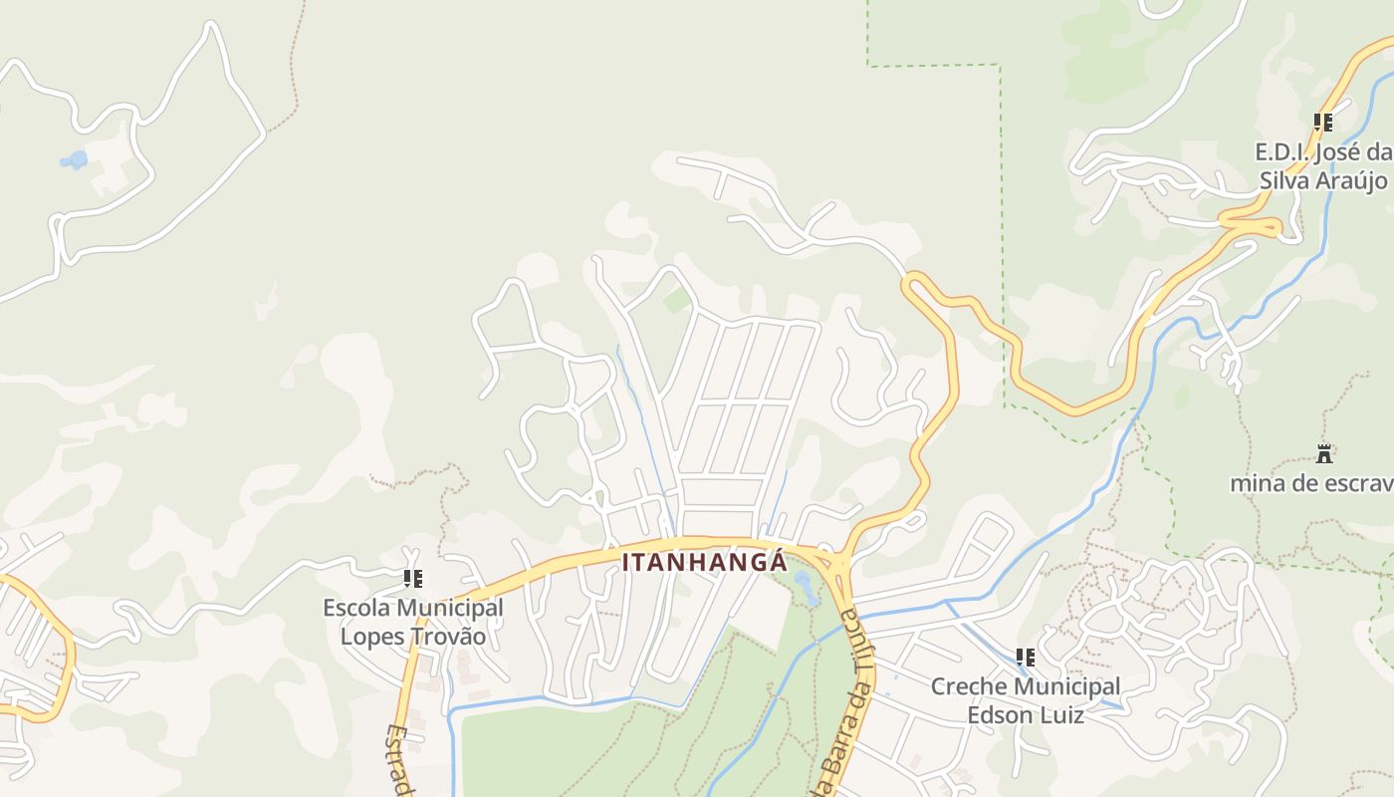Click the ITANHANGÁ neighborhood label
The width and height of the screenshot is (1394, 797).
pos(705,562)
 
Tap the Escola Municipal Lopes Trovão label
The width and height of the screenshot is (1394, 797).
pos(413,622)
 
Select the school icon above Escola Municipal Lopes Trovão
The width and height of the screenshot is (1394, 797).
pos(413,578)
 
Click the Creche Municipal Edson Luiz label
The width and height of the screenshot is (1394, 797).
pos(1026,700)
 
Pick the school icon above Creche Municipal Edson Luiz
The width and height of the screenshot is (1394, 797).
pos(1026,658)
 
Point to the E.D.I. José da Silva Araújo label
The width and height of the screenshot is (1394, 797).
pos(1323,166)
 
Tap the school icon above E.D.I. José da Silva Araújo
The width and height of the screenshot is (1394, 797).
pos(1323,123)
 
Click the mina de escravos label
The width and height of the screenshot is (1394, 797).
pos(1310,484)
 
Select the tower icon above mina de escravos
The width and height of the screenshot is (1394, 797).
pos(1324,454)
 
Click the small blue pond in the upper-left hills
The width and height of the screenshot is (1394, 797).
pos(74,159)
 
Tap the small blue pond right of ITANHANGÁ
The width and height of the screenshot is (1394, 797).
pos(805,588)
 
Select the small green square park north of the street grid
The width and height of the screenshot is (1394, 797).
pos(677,300)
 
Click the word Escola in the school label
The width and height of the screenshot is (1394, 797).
pos(356,607)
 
